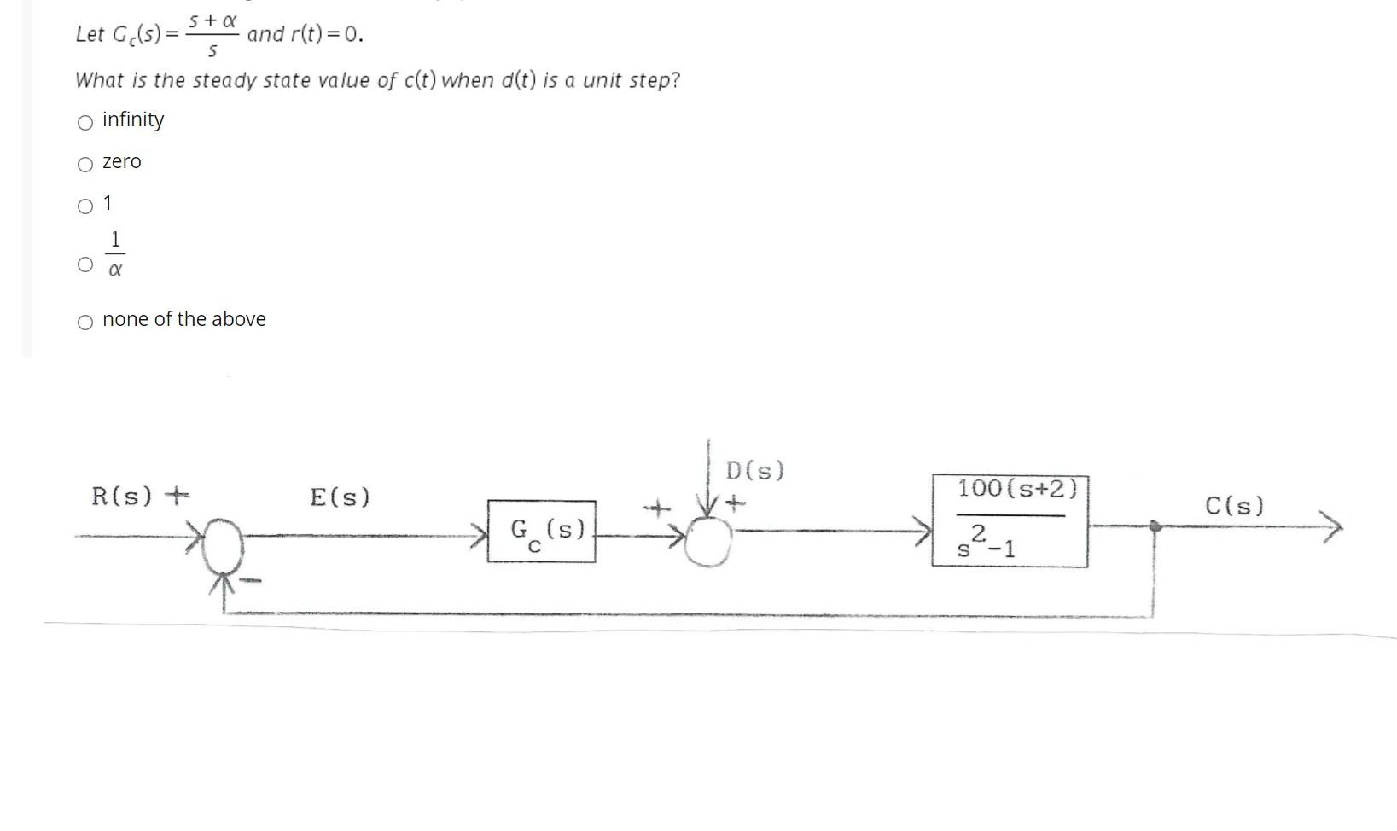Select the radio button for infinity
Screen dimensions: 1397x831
pos(85,123)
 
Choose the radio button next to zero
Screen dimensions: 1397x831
pos(85,165)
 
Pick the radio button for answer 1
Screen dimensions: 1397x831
pos(85,206)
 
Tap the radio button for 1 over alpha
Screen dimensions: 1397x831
pos(85,264)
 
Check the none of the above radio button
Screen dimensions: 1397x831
pos(85,323)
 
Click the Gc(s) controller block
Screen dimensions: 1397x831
pos(541,532)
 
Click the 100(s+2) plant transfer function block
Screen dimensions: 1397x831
pos(1010,521)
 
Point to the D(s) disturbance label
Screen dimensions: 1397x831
pos(754,471)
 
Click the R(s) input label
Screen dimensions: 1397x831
pos(122,497)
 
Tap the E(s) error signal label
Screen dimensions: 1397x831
pos(340,497)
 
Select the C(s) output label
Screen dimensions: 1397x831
pos(1234,506)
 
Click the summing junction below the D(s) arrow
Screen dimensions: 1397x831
pos(708,541)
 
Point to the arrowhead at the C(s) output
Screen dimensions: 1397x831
pos(1331,526)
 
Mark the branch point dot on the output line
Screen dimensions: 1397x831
pos(1155,526)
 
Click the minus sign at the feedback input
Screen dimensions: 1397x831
pos(250,581)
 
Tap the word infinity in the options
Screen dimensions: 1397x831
pos(133,119)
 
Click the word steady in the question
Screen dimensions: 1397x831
pos(224,81)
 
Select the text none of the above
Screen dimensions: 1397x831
pos(184,319)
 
